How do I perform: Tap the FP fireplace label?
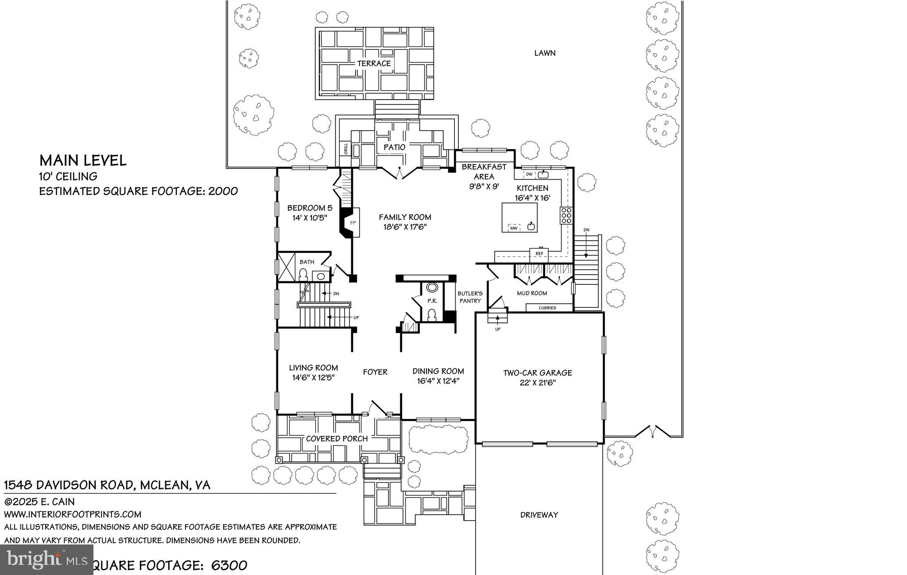[353, 223]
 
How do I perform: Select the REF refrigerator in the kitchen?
[539, 253]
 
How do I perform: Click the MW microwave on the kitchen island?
[514, 228]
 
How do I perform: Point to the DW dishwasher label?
[529, 174]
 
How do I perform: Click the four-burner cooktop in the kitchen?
[566, 215]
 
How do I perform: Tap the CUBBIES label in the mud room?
[548, 308]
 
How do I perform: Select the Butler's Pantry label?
[470, 297]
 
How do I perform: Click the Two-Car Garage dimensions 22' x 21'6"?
[538, 383]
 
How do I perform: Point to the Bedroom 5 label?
[310, 208]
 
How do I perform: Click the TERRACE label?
[374, 63]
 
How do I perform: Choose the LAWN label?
[545, 53]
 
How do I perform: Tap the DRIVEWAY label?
[539, 515]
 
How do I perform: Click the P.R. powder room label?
[432, 301]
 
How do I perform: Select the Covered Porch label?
[337, 439]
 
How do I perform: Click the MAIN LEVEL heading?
[83, 160]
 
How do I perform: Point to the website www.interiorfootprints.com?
[73, 514]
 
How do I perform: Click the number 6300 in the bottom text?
[229, 565]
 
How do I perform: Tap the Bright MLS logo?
[47, 560]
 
